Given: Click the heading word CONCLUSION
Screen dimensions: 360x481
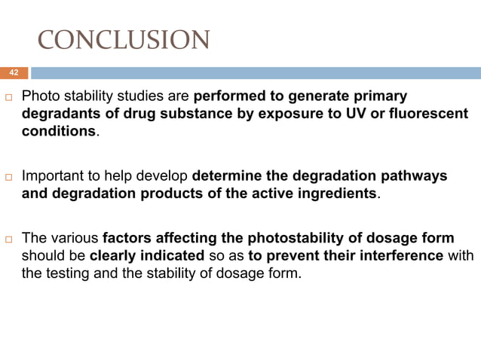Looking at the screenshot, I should tap(124, 40).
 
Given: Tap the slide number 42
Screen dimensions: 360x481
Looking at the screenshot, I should tap(13, 73).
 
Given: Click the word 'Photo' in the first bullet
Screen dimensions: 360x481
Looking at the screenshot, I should tap(40, 97).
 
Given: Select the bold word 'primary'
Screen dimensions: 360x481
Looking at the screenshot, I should tap(381, 97).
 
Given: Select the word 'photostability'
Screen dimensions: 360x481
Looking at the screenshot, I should tap(302, 239).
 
